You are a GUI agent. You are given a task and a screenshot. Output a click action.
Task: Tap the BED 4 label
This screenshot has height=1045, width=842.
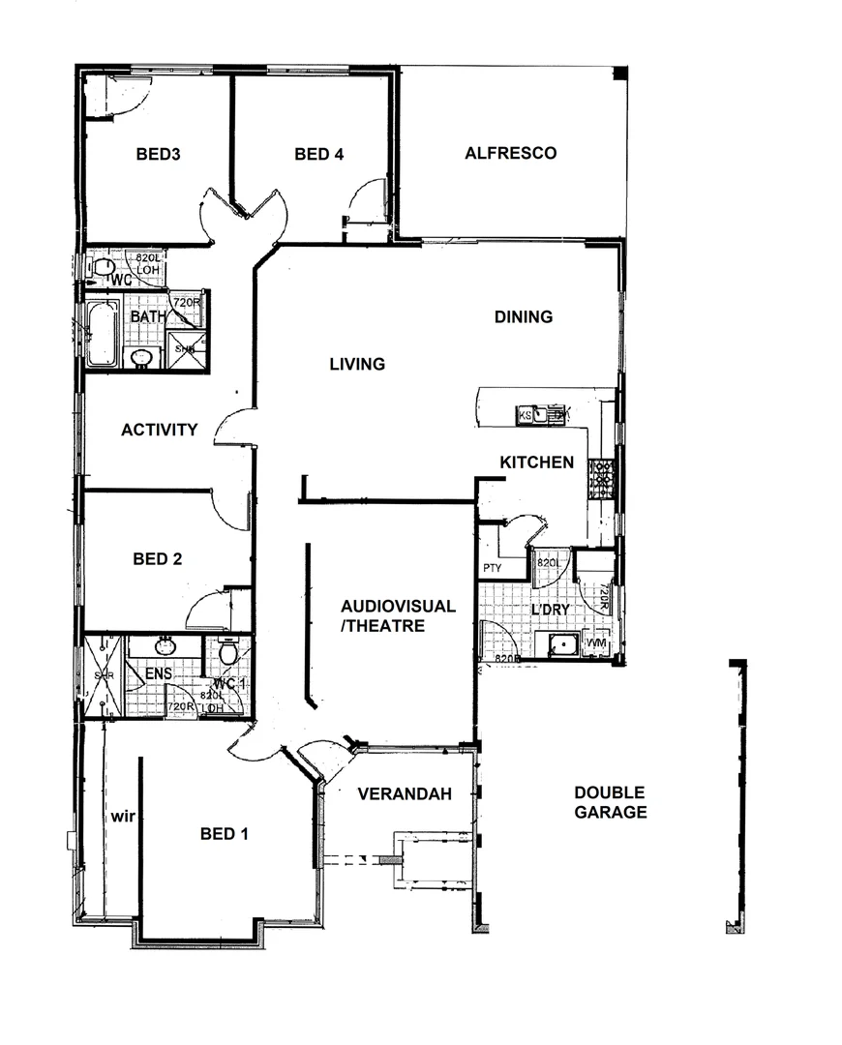coord(319,153)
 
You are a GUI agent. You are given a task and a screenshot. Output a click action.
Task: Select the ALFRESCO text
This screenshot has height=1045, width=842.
coord(510,153)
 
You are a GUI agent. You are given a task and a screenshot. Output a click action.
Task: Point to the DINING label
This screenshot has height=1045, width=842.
coord(523,316)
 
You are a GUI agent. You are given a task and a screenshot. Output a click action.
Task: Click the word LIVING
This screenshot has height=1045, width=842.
coord(357,364)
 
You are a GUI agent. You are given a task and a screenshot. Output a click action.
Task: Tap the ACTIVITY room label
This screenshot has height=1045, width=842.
coord(160,430)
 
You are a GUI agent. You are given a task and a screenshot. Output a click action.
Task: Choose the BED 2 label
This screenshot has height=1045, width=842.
coord(158,558)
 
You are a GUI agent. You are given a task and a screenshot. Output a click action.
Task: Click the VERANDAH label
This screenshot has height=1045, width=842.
coord(405,794)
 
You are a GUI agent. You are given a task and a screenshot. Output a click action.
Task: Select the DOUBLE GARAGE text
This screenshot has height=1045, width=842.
coord(610,802)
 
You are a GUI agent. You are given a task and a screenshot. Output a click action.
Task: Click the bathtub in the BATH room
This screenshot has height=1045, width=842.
coord(102,334)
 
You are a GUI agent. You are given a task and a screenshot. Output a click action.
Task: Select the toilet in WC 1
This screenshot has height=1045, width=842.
coord(228,653)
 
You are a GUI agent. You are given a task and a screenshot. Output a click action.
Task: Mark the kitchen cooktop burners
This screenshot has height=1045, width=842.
coord(602,479)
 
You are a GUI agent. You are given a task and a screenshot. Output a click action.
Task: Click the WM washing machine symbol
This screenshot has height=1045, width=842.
coord(596,643)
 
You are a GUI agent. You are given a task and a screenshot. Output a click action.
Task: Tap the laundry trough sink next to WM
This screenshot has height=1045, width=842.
coord(560,644)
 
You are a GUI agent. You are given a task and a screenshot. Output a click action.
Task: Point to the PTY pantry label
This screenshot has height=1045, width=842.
coord(492,569)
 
